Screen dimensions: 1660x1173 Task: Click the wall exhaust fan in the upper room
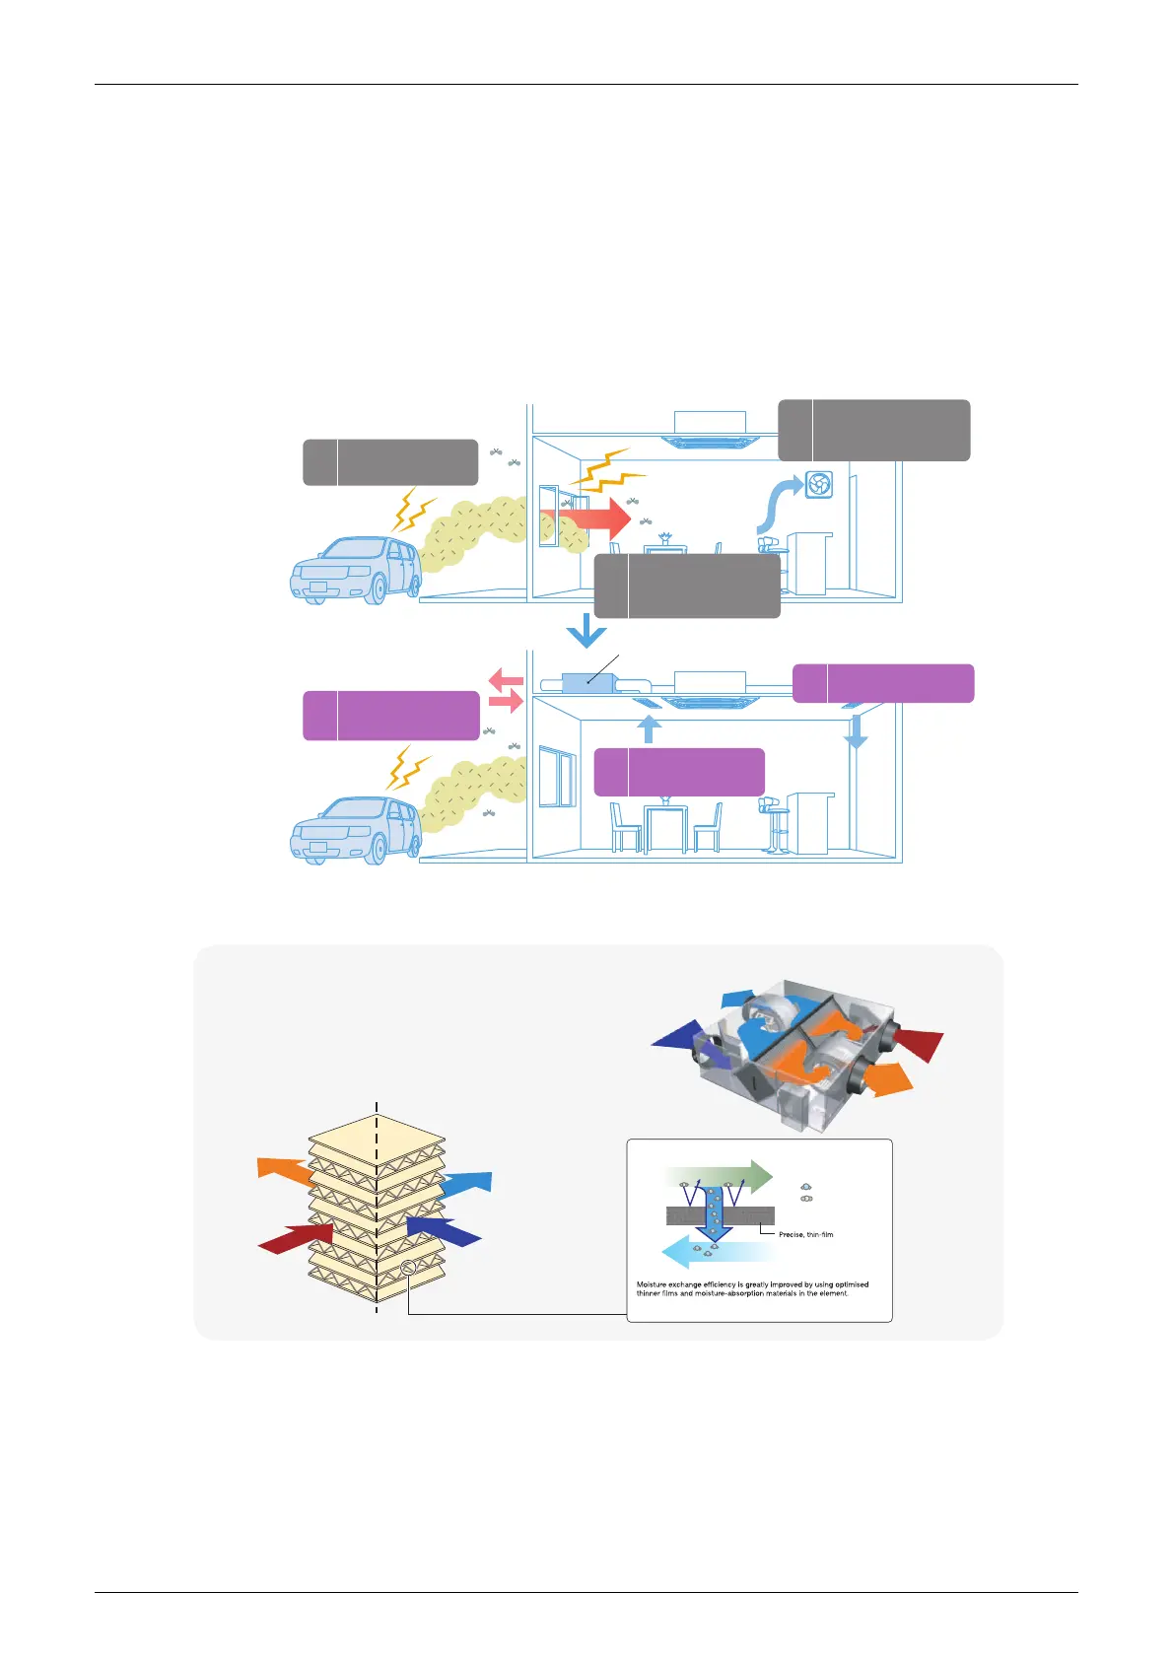pos(818,484)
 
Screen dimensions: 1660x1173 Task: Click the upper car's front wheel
pos(374,588)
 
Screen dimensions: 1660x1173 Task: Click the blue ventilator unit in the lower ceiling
pos(587,681)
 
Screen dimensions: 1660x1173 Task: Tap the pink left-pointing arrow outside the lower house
pos(506,679)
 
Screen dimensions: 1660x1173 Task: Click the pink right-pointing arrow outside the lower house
pos(506,702)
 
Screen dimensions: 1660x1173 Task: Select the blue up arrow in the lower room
pos(648,728)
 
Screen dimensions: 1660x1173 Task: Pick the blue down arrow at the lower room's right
pos(856,729)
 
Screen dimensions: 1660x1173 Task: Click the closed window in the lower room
pos(558,777)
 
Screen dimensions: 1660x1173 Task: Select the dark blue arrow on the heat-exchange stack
pos(444,1229)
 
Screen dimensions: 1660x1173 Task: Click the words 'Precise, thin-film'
pos(805,1234)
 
